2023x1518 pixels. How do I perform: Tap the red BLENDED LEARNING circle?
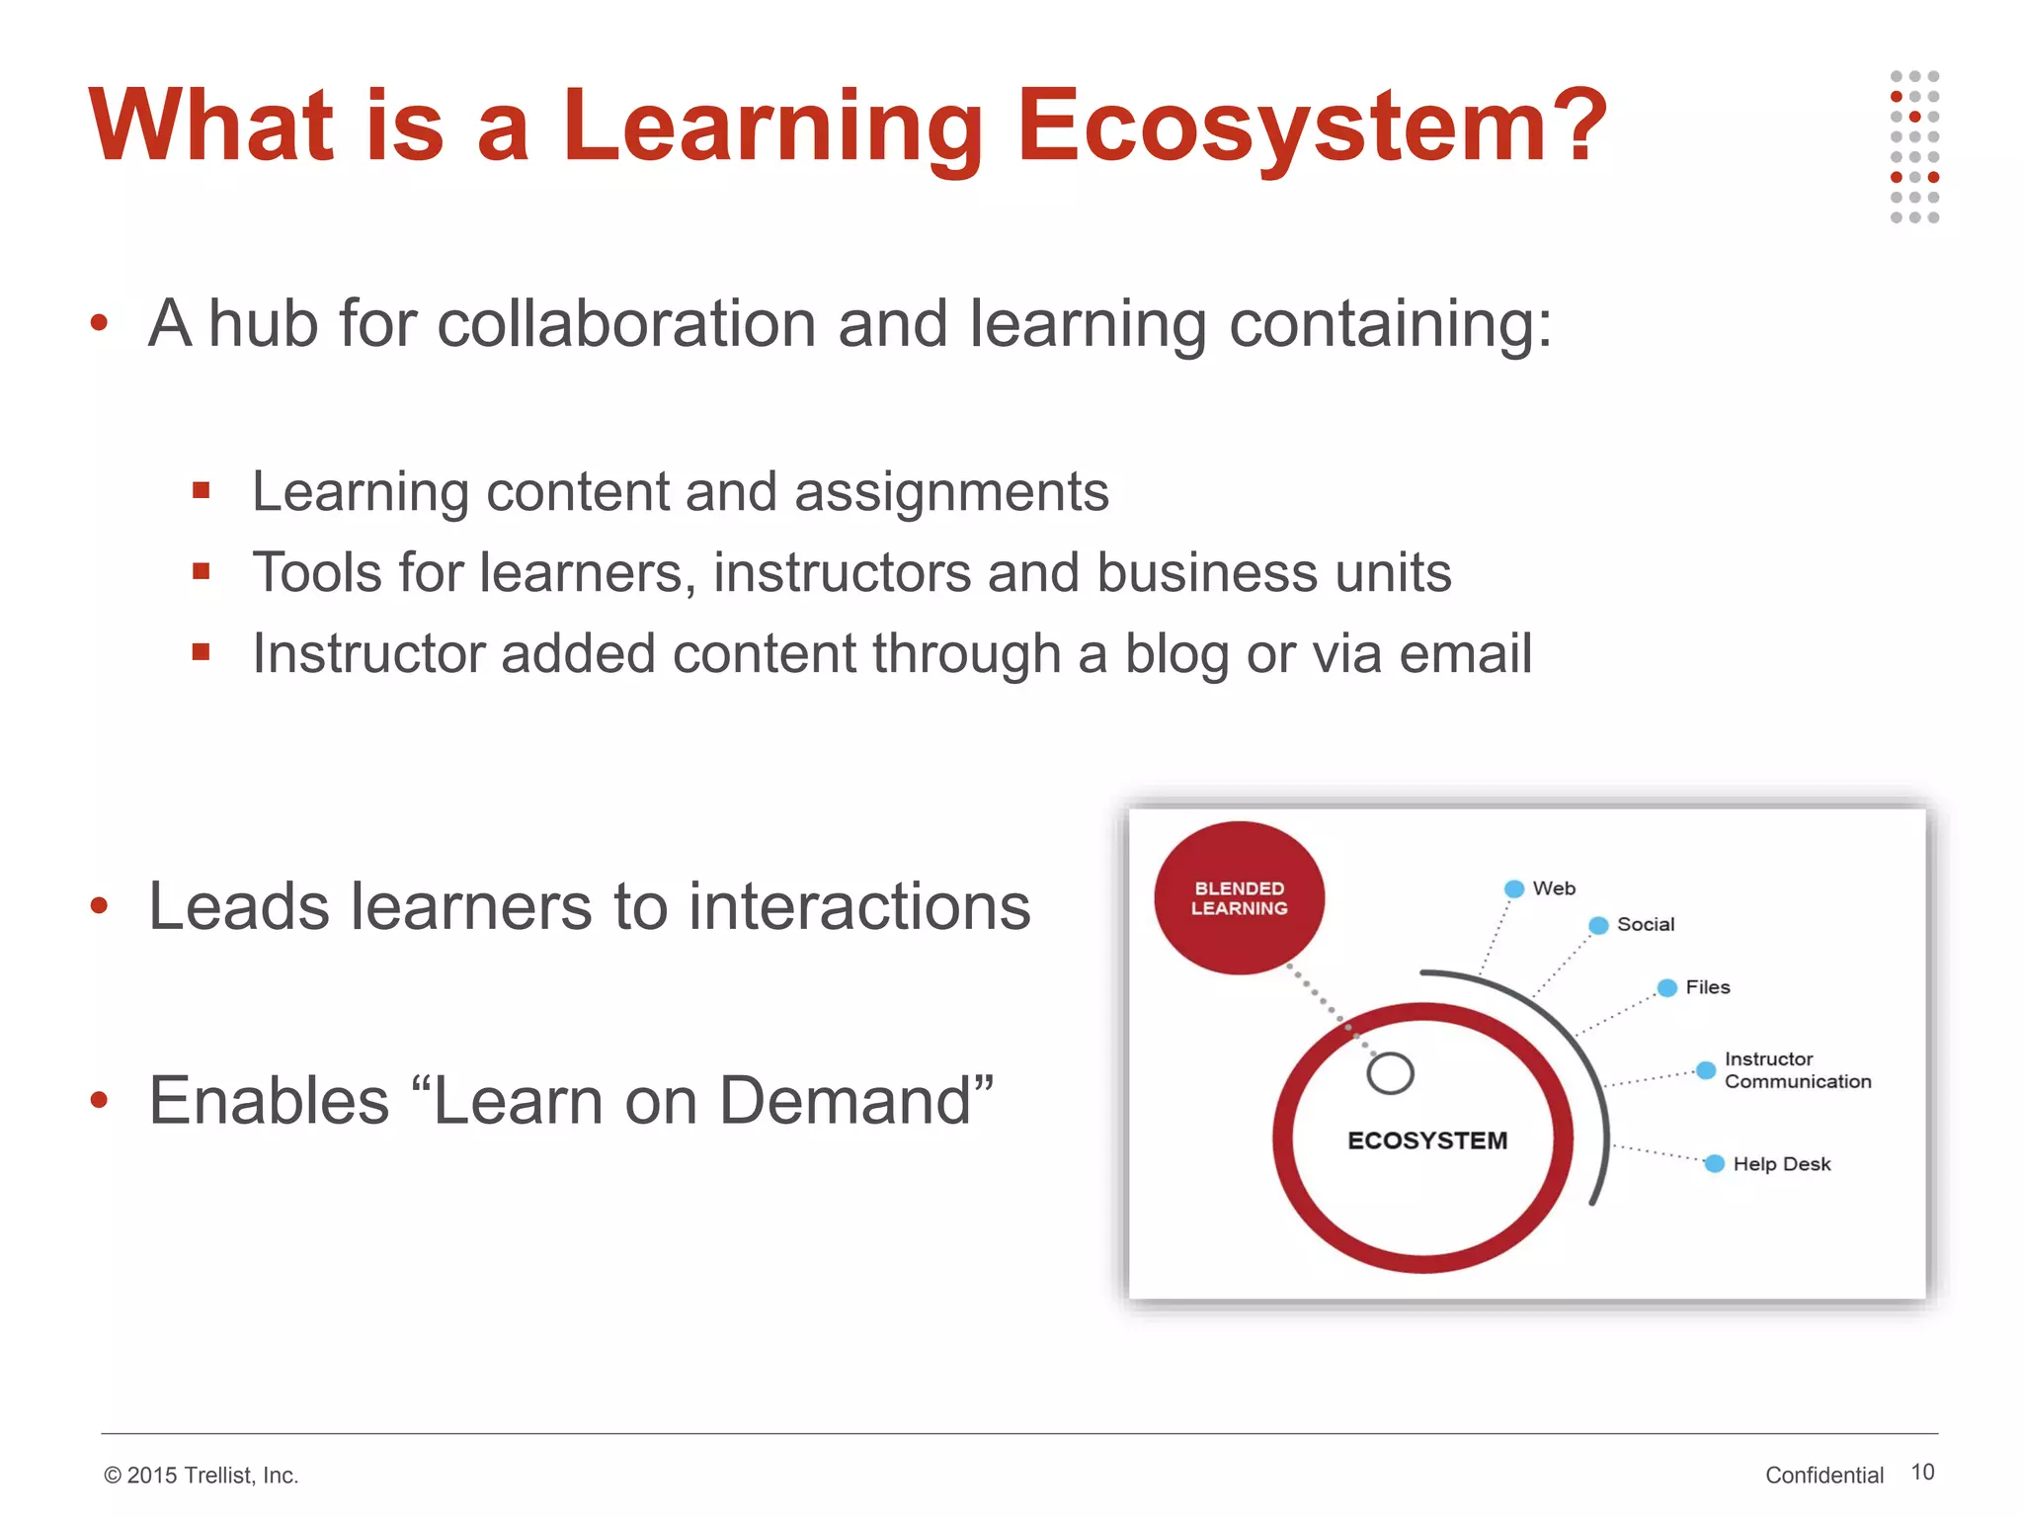point(1239,897)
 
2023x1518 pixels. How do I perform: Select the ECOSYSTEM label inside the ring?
point(1426,1140)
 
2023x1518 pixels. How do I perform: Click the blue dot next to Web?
point(1513,888)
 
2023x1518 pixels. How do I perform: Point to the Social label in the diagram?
point(1645,925)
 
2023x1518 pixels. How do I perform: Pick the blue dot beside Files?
point(1667,988)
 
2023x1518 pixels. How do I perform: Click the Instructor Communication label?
point(1797,1070)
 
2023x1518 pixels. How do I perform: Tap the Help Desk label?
point(1781,1164)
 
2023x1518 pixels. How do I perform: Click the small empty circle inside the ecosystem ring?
point(1390,1073)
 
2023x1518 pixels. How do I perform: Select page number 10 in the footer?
point(1922,1473)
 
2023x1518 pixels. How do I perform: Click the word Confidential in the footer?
point(1823,1476)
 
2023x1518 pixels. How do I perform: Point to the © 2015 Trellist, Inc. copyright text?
point(201,1476)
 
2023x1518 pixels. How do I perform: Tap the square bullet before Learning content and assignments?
point(202,490)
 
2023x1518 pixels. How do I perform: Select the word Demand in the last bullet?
point(846,1101)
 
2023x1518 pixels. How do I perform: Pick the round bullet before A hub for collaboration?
point(99,322)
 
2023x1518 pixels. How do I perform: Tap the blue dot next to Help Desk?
point(1715,1164)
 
